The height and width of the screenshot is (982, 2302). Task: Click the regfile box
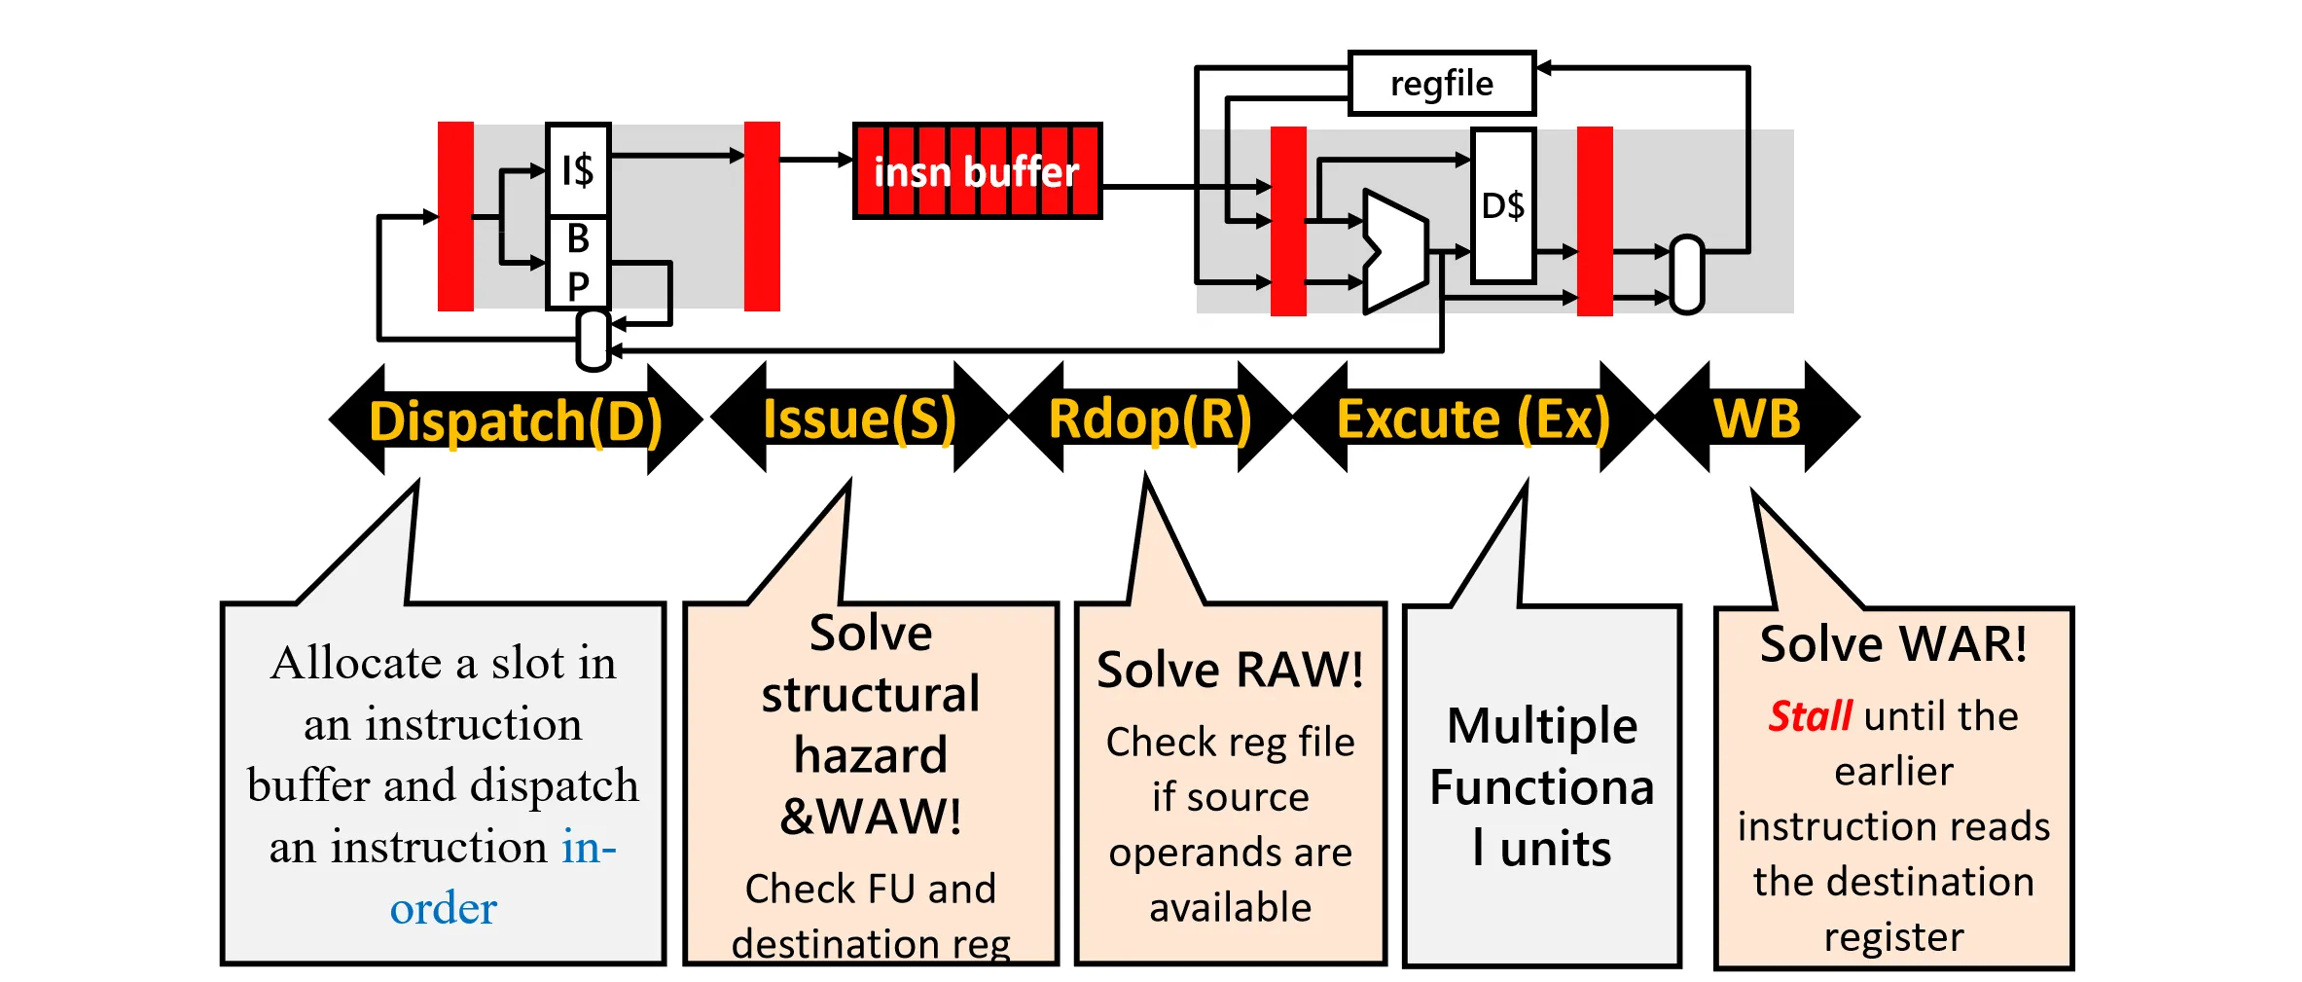coord(1441,84)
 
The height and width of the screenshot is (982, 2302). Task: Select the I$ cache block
coord(578,170)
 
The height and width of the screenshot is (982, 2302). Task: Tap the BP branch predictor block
coord(578,263)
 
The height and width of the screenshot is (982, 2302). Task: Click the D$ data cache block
coord(1503,205)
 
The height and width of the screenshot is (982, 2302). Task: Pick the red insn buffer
coord(977,171)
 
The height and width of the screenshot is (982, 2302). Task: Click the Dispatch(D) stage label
coord(516,420)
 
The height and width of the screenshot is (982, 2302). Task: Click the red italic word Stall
coord(1810,716)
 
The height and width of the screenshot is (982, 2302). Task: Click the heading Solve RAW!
coord(1230,670)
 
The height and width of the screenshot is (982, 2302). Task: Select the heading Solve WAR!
coord(1893,644)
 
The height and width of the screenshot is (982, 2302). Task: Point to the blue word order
coord(444,908)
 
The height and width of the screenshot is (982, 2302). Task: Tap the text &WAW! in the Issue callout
coord(871,816)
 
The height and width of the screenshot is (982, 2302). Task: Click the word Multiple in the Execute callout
coord(1542,726)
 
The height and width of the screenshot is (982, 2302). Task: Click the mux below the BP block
coord(593,341)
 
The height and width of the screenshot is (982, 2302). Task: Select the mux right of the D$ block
coord(1687,274)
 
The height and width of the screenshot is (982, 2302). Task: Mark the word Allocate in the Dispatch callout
coord(357,663)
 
